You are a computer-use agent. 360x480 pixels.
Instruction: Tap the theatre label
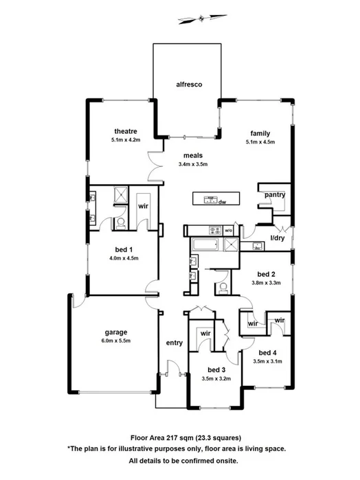pos(126,131)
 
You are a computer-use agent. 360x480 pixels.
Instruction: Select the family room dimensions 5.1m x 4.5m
pos(260,142)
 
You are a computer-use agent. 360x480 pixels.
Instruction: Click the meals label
pos(192,155)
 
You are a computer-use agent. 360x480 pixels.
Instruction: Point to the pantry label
pos(275,195)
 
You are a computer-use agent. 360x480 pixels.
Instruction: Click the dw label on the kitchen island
pos(222,202)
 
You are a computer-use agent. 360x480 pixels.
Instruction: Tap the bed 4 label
pos(267,352)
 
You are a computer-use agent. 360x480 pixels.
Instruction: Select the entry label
pos(173,343)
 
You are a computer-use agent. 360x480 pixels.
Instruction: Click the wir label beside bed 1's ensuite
pos(144,205)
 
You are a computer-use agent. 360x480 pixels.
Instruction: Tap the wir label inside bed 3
pos(205,334)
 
